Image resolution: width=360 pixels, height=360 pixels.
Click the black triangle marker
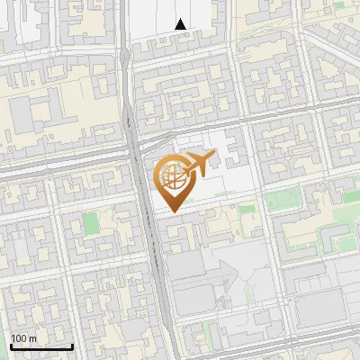point(181,24)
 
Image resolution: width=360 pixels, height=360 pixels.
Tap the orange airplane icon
point(197,165)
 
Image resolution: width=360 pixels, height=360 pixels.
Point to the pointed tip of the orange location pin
point(173,212)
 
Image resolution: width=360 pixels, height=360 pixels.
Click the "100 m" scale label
point(24,338)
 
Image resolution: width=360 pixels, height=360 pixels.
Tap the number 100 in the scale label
point(20,338)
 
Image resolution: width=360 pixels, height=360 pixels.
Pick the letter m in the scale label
point(33,338)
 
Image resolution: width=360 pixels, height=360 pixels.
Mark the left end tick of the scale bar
point(11,346)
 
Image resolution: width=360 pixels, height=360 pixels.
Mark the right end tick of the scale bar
point(72,346)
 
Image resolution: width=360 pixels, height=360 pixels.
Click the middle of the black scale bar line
point(41,346)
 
